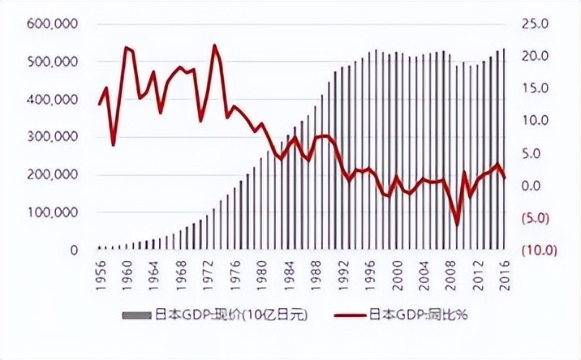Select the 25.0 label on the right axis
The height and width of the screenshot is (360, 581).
tap(532, 24)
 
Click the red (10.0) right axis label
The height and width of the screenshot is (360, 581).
tap(532, 251)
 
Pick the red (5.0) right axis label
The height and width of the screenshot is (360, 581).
tap(532, 218)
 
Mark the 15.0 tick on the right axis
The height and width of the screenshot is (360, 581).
tap(532, 88)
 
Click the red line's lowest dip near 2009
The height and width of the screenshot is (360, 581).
tap(457, 225)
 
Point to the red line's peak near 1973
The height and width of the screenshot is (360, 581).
tap(215, 45)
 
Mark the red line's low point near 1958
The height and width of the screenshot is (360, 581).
tap(114, 145)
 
